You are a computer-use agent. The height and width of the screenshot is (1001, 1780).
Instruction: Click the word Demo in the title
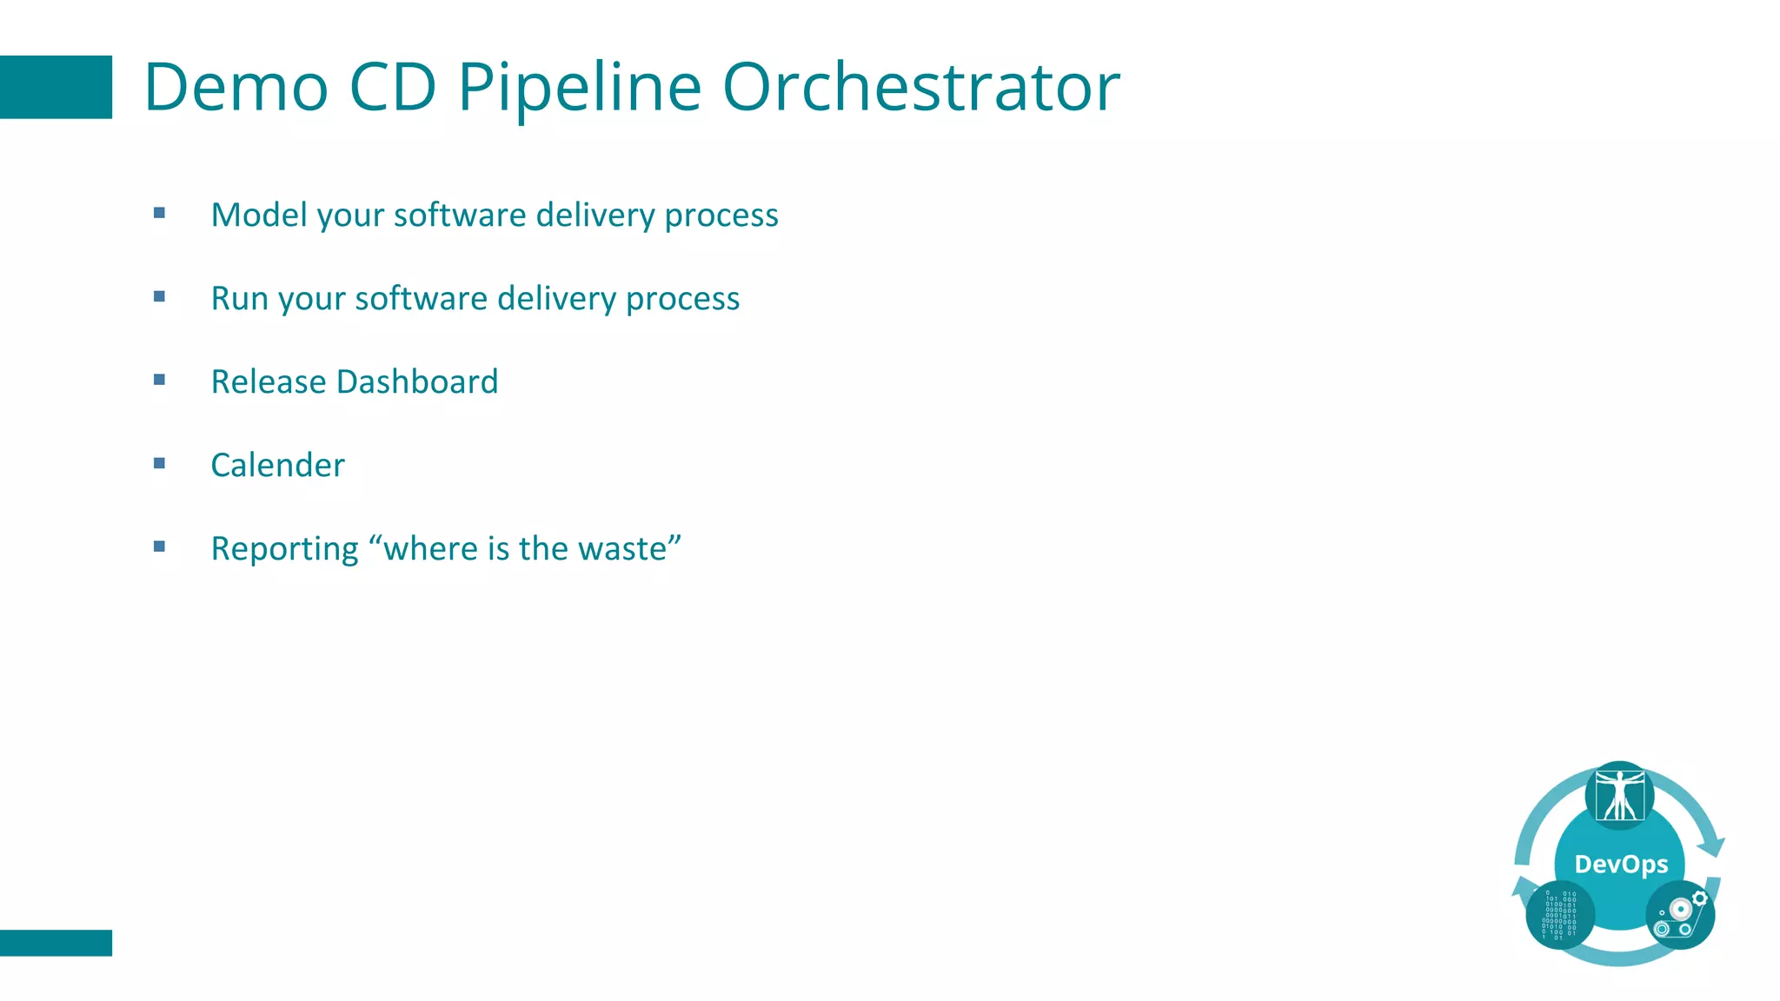(236, 87)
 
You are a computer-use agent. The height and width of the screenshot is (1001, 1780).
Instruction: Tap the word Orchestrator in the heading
(921, 87)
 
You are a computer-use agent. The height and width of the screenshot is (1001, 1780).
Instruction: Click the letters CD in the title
(392, 87)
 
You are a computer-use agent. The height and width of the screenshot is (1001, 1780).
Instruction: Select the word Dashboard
(417, 381)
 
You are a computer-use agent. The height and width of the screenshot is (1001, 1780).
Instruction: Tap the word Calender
(277, 465)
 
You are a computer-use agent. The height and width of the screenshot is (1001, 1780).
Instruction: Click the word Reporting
(284, 549)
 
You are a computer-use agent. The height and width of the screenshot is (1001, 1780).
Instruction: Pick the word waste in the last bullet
(621, 548)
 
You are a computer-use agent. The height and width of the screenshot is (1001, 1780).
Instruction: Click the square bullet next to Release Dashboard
(159, 380)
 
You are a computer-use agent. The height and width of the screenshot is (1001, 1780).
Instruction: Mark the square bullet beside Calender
(159, 463)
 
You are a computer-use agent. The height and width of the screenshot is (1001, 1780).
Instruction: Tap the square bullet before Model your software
(159, 213)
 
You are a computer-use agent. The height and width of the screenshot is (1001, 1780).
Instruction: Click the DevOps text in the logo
(1621, 864)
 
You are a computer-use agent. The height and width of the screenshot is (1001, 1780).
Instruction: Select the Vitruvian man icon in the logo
(1619, 795)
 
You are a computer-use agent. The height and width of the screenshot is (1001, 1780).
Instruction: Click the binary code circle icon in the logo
(1559, 915)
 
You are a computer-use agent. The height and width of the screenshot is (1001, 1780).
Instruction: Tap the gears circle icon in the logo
(1679, 915)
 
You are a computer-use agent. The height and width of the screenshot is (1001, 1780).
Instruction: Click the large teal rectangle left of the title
(56, 87)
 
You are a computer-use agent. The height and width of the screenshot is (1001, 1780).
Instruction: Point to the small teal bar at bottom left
(56, 943)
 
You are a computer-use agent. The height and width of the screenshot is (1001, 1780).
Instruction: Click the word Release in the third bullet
(268, 381)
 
